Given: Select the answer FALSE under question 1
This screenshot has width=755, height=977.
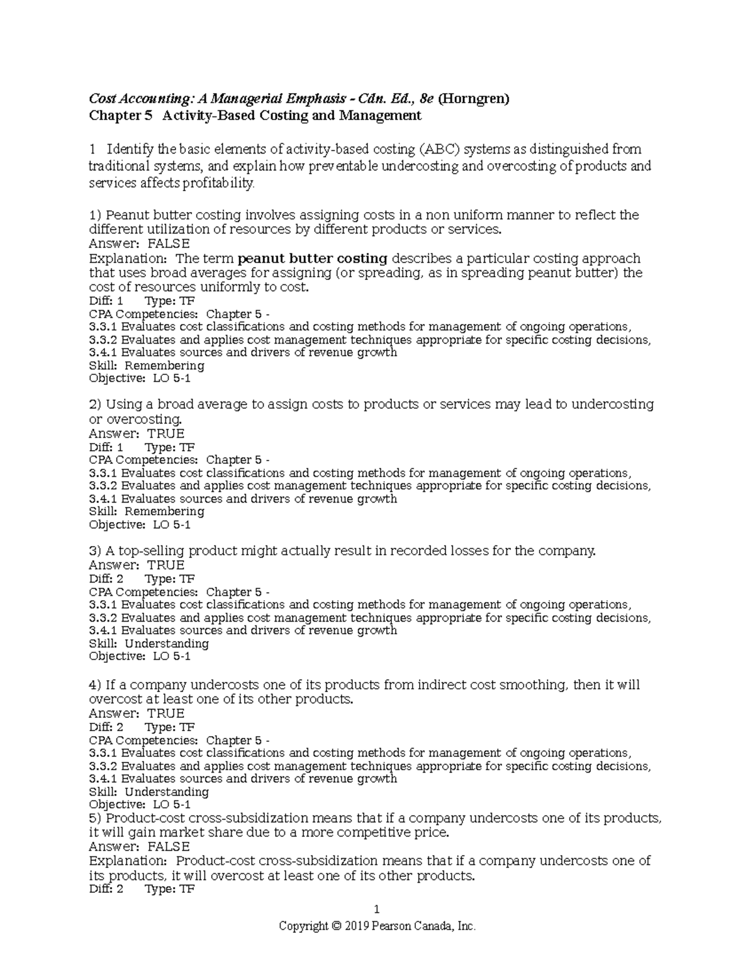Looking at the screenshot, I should [168, 243].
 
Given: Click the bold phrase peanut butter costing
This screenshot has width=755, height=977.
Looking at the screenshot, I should [313, 258].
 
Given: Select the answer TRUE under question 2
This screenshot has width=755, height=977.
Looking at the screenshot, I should [165, 433].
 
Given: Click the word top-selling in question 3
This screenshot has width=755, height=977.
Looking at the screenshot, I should [151, 551].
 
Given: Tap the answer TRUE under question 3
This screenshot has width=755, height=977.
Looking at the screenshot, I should [165, 565].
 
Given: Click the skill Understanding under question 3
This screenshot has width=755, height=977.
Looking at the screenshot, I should [166, 644].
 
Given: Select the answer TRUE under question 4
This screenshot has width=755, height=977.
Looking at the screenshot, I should [165, 713].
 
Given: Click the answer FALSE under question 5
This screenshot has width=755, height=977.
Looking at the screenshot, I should [168, 846].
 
